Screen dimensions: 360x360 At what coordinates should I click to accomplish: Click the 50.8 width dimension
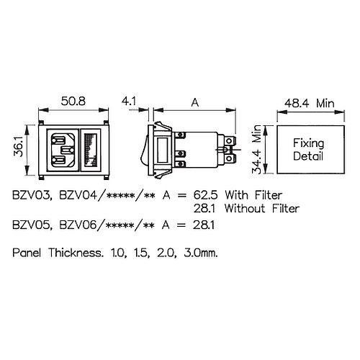coord(73,101)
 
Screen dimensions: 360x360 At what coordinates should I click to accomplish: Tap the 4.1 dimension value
coord(129,101)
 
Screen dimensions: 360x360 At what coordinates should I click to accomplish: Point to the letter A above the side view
coord(195,103)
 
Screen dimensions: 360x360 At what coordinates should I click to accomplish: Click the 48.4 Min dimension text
coord(310,103)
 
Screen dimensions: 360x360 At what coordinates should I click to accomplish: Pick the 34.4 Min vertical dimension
coord(256,149)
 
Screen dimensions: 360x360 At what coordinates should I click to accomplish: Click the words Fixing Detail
coord(308,149)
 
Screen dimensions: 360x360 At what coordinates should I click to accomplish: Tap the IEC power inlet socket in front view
coord(63,150)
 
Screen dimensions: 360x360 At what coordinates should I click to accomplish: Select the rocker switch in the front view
coord(90,150)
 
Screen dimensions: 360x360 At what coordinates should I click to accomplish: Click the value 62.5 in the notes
coord(205,195)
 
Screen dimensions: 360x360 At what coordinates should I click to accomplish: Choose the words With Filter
coord(253,195)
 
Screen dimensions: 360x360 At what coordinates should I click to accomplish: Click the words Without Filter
coord(262,208)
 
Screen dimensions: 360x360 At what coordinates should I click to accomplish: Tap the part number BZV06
coord(78,225)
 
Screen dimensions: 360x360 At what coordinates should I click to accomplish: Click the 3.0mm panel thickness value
coord(201,253)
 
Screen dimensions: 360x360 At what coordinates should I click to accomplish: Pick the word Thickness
coord(76,253)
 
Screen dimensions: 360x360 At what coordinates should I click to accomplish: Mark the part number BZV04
coord(78,195)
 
